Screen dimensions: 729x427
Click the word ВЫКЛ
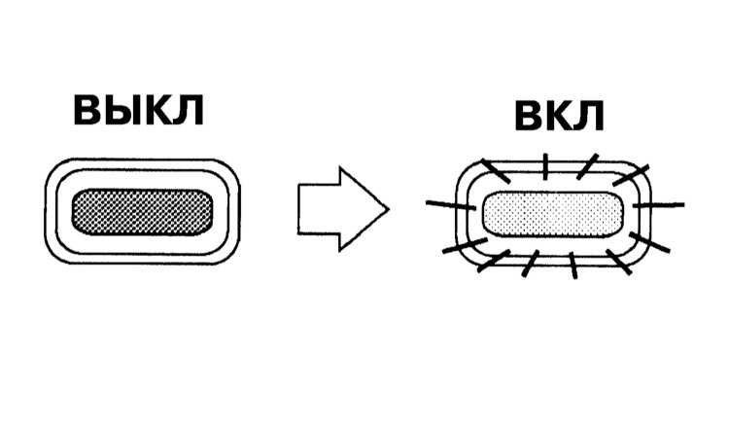click(x=139, y=110)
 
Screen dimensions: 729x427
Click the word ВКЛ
click(x=559, y=117)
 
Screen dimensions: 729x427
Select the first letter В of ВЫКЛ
click(x=87, y=110)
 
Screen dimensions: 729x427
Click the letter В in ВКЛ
click(x=528, y=117)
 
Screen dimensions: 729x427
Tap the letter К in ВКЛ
click(x=558, y=117)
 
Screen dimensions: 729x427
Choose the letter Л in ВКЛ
click(x=589, y=117)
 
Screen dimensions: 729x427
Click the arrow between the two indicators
click(x=343, y=209)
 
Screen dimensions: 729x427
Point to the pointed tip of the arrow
click(x=389, y=209)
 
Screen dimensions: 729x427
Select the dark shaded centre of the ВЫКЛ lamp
click(x=142, y=212)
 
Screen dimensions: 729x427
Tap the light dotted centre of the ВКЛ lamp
click(x=553, y=214)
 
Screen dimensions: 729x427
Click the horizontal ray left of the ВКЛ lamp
click(x=450, y=205)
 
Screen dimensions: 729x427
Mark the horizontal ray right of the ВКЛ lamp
click(x=658, y=204)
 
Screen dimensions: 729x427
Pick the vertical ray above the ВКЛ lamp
click(x=545, y=166)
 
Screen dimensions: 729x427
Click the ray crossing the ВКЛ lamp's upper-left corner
click(x=496, y=171)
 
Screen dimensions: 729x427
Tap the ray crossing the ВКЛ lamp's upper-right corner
click(x=631, y=175)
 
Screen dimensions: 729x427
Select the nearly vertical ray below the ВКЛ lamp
click(x=573, y=266)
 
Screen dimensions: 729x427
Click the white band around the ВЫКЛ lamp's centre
click(x=142, y=180)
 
